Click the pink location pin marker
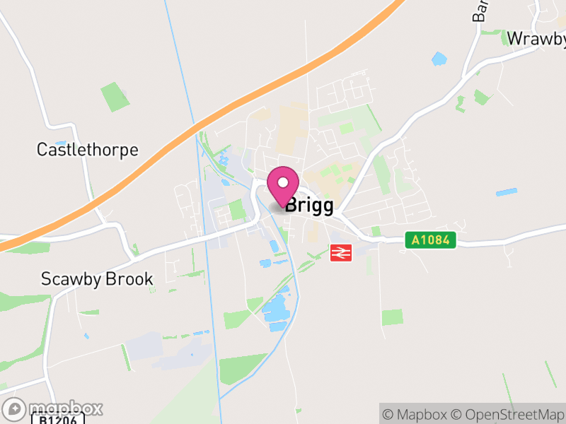(283, 185)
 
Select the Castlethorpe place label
(88, 150)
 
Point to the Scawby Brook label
(97, 279)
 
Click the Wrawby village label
(536, 38)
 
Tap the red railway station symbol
(341, 252)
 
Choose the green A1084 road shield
(431, 240)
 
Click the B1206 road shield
(58, 418)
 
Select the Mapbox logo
(53, 408)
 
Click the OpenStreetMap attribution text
(509, 414)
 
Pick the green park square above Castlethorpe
(115, 97)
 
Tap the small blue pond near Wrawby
(439, 59)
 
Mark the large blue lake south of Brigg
(277, 309)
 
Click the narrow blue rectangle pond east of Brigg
(506, 192)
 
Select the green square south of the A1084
(392, 317)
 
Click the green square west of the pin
(236, 210)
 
